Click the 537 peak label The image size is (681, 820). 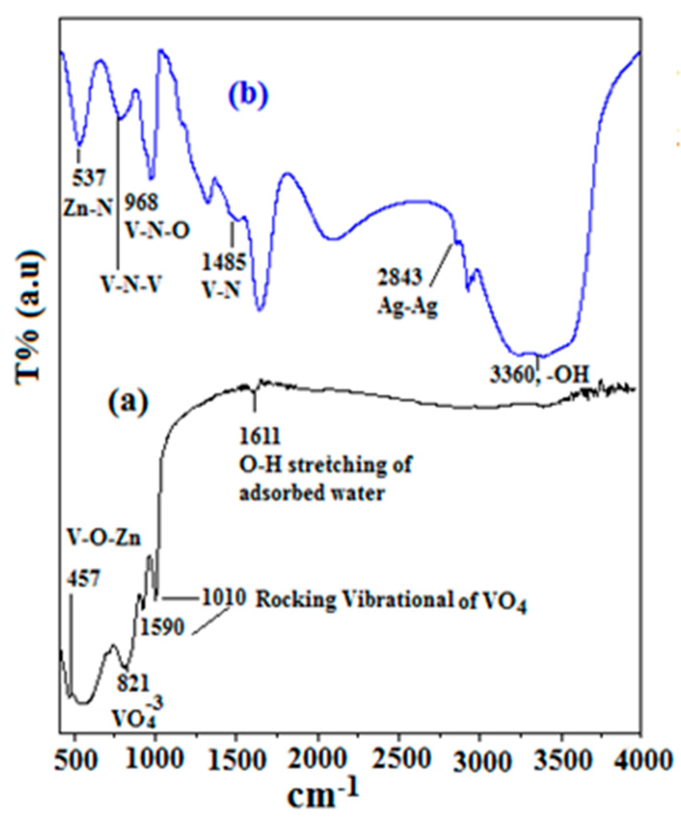pos(89,178)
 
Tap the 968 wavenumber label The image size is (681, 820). pos(141,203)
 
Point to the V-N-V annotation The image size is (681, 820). pos(131,284)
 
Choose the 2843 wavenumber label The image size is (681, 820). pos(400,277)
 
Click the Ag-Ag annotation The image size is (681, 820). pos(407,307)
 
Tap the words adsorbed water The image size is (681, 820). pos(311,493)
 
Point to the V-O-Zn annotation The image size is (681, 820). pos(104,538)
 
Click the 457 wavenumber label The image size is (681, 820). pos(84,579)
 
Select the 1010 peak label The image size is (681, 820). pos(224,597)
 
